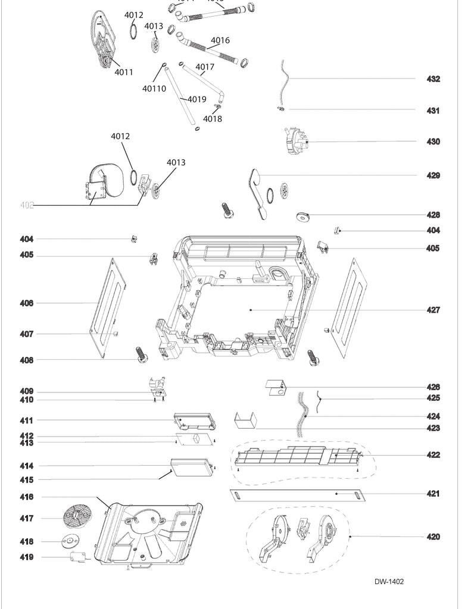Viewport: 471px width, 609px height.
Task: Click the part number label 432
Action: [x=433, y=79]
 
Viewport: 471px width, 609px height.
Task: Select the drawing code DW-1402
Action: [x=389, y=582]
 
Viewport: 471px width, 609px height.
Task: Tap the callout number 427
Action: [x=433, y=310]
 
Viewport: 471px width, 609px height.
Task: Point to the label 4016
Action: [x=220, y=40]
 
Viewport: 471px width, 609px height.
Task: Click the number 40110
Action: [x=154, y=89]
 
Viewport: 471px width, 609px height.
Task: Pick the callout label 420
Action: [x=433, y=537]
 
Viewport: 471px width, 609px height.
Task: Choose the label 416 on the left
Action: [x=26, y=497]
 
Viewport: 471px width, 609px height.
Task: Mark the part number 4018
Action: [x=212, y=119]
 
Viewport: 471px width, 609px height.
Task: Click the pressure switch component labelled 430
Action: [x=297, y=143]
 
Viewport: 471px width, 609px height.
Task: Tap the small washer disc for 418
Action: [x=70, y=541]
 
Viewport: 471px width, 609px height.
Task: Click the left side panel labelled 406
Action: [x=108, y=303]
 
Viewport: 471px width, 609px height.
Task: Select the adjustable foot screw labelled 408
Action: [x=140, y=355]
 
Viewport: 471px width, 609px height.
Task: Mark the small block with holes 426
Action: [x=275, y=388]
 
